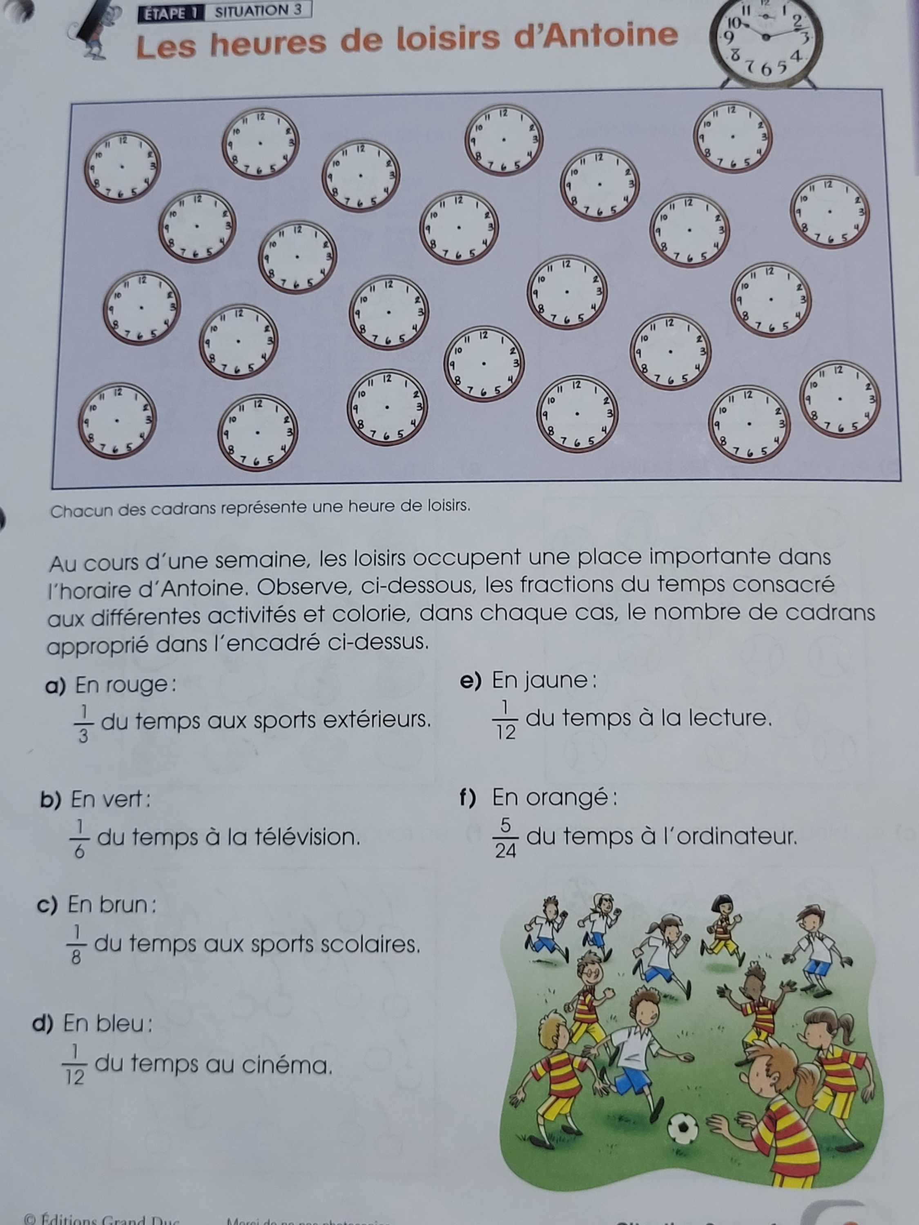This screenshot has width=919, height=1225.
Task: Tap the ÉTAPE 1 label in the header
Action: tap(171, 13)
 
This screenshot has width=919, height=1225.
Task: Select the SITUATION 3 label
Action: tap(258, 11)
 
